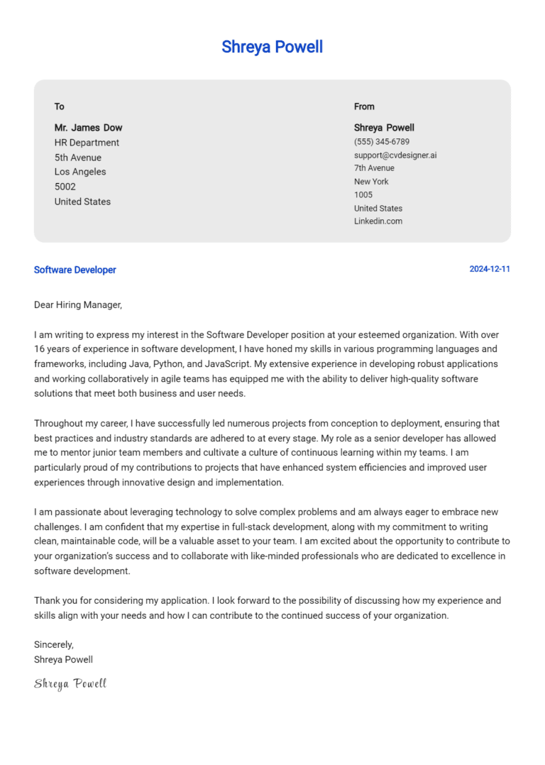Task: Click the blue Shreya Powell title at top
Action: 272,47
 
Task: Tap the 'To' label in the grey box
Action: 60,106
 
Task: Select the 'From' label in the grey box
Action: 364,106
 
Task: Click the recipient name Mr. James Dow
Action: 88,128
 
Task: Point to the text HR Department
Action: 87,143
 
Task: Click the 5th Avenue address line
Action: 78,158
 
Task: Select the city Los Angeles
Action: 80,172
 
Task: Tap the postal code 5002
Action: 65,187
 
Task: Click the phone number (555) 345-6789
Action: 382,142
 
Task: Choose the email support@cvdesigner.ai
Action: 395,155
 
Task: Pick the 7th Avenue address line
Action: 374,168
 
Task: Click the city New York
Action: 371,182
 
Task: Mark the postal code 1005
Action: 363,194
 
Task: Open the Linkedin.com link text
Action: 378,221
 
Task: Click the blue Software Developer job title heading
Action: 75,270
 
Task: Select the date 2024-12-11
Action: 490,270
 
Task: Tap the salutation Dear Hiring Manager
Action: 78,305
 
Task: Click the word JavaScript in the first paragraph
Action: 226,364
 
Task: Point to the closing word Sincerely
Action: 54,644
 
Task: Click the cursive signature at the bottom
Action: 70,683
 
